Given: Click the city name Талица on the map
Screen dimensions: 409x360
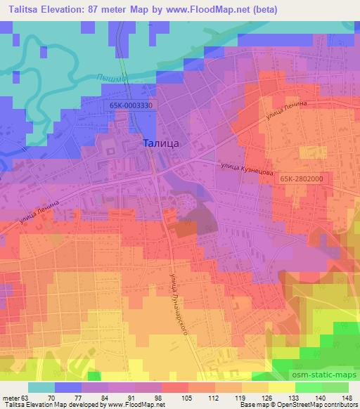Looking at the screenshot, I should point(161,143).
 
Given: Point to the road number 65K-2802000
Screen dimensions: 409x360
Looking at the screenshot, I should point(301,178).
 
